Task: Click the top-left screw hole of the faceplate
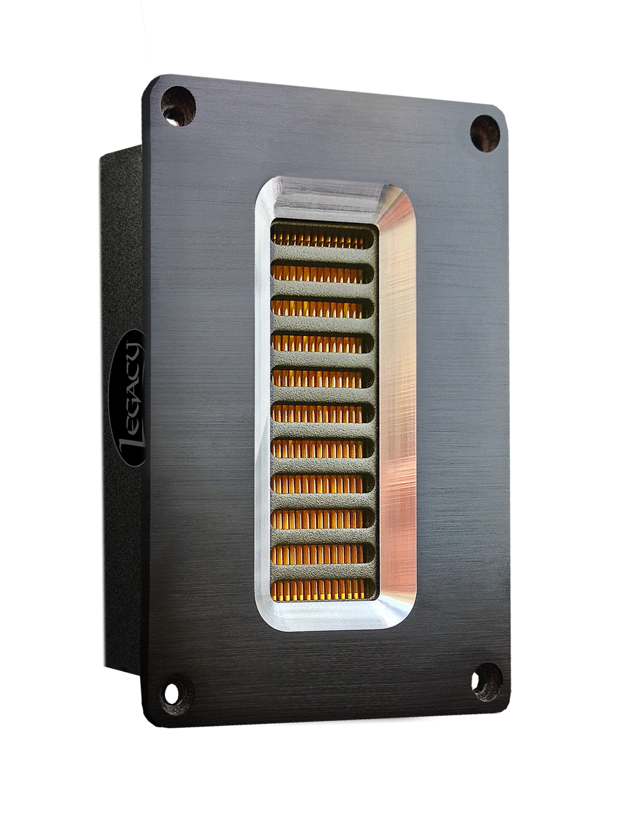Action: (178, 106)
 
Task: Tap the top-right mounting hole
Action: (485, 134)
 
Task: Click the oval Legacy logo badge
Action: (128, 398)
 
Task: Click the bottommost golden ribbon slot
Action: (323, 589)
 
